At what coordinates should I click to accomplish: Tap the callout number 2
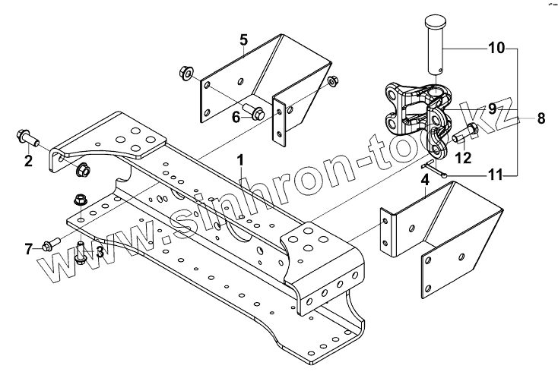tap(28, 160)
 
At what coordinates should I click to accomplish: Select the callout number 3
tap(99, 251)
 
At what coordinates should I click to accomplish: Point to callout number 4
tap(424, 181)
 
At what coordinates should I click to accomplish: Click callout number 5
tap(244, 39)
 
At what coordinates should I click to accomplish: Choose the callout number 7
tap(29, 248)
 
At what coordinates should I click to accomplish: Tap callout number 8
tap(541, 118)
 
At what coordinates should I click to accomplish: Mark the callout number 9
tap(493, 109)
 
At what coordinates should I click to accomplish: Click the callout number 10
tap(496, 49)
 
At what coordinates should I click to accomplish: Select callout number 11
tap(495, 175)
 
